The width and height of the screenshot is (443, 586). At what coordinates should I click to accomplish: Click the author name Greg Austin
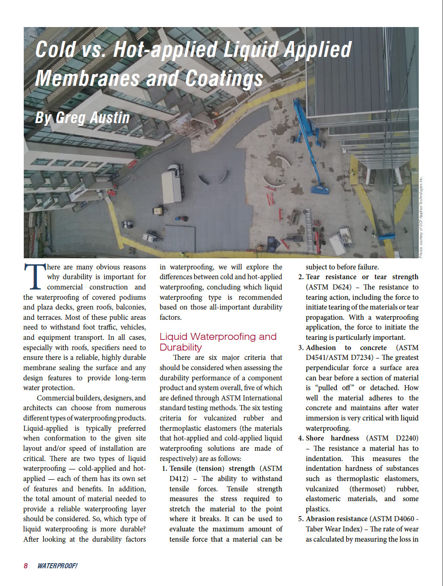pos(82,117)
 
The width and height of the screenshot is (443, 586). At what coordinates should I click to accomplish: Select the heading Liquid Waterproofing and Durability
pos(218,342)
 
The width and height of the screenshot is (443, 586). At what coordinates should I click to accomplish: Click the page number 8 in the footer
pos(26,565)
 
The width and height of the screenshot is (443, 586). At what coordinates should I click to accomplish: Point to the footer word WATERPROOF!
pos(57,565)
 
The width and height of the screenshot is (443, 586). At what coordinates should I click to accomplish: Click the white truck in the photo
pos(171,185)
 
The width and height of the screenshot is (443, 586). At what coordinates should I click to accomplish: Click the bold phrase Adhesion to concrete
pos(346,348)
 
